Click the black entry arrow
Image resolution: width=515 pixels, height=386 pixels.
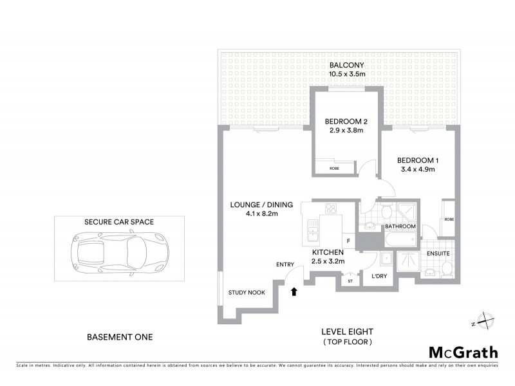pyautogui.click(x=294, y=291)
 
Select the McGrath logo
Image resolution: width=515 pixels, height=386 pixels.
pyautogui.click(x=463, y=352)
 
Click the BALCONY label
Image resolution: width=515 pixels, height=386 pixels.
pyautogui.click(x=347, y=65)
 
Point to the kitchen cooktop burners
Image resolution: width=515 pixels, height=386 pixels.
pyautogui.click(x=332, y=208)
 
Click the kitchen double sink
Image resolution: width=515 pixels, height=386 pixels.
pyautogui.click(x=313, y=229)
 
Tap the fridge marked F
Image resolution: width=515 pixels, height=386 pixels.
pyautogui.click(x=348, y=241)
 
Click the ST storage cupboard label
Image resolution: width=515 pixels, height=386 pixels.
pyautogui.click(x=350, y=281)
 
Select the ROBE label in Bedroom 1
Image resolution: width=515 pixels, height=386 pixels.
pyautogui.click(x=449, y=219)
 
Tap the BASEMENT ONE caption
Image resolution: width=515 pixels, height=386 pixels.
pyautogui.click(x=120, y=336)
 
